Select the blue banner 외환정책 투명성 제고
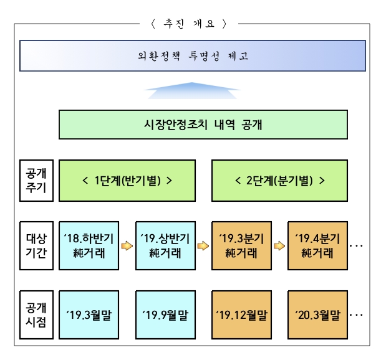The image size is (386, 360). [x=192, y=56]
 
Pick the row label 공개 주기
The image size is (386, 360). [x=32, y=181]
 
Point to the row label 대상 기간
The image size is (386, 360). [x=32, y=245]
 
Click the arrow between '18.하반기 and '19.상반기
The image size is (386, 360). [x=127, y=245]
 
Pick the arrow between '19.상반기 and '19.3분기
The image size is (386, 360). [x=203, y=245]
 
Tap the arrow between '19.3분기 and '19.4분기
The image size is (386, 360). [x=279, y=245]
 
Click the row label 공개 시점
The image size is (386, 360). [x=32, y=315]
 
